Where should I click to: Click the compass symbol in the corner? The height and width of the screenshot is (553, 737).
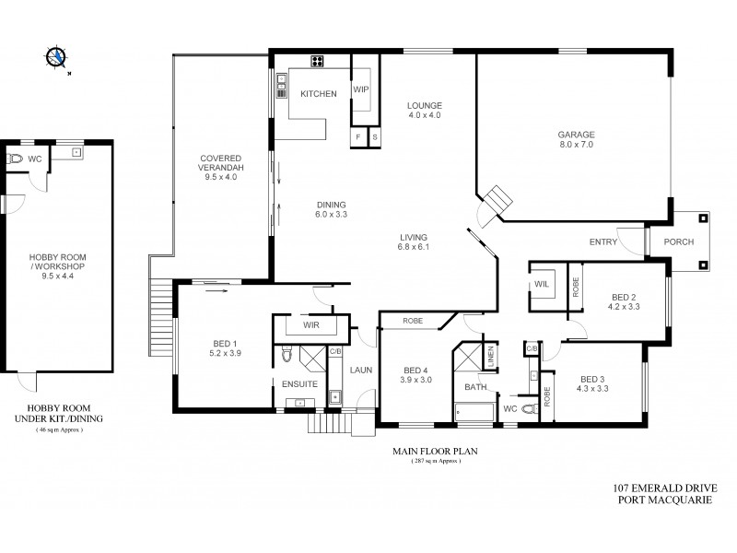point(58,58)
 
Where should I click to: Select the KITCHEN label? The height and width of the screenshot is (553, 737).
point(319,94)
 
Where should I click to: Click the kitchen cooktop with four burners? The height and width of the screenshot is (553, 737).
point(318,63)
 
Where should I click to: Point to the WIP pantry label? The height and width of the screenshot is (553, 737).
point(361,90)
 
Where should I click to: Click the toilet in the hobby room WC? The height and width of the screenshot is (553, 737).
point(15,159)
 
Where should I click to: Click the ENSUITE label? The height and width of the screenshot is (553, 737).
point(299,383)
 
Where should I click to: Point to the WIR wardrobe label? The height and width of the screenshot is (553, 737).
point(310,325)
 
